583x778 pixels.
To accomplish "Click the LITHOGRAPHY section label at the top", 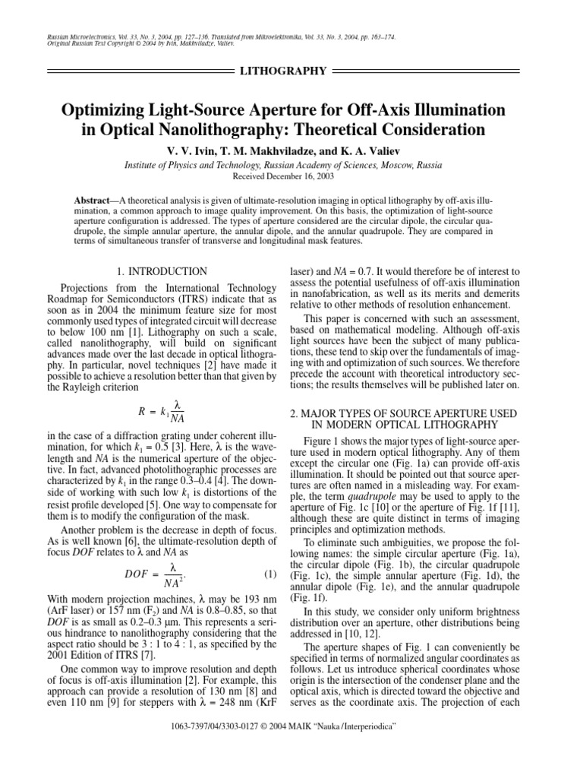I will (x=282, y=71).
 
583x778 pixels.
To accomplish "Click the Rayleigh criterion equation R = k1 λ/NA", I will (x=162, y=411).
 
